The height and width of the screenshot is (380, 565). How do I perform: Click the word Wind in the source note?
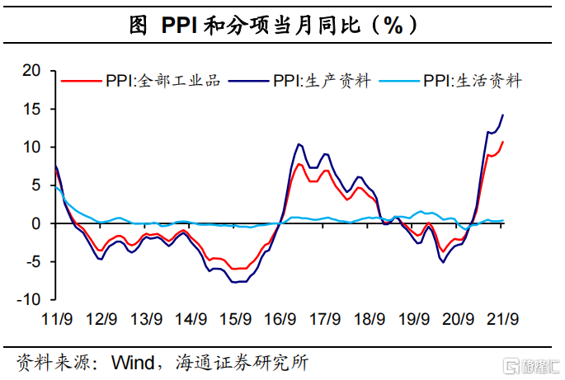pyautogui.click(x=134, y=361)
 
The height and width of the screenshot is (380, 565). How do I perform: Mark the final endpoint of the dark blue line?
pyautogui.click(x=503, y=115)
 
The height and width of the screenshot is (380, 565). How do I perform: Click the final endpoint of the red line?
pyautogui.click(x=503, y=142)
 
